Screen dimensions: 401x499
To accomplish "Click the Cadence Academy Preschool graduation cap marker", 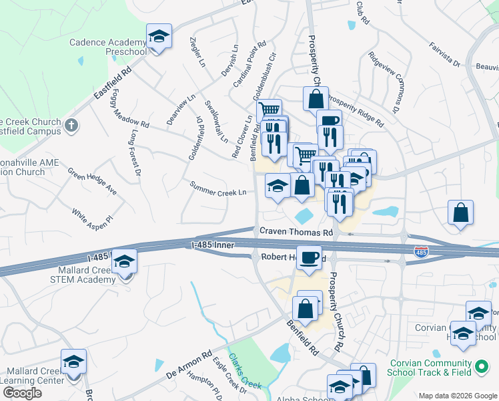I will pos(159,37).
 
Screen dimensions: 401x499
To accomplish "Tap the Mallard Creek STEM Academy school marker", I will pos(124,263).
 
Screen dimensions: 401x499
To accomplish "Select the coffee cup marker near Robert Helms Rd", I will pos(309,258).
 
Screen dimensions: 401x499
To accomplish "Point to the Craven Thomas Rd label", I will pos(296,232).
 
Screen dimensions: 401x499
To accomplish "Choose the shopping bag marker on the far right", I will pos(460,213).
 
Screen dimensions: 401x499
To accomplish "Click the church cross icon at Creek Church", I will pos(72,125).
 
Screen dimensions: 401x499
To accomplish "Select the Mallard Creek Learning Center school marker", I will pos(73,362).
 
